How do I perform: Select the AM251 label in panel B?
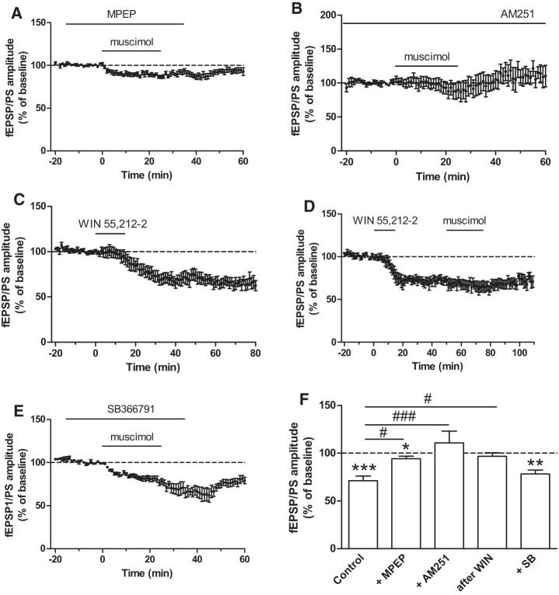coord(523,14)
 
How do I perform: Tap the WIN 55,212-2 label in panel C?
coord(108,226)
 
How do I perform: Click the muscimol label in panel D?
coord(465,221)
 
